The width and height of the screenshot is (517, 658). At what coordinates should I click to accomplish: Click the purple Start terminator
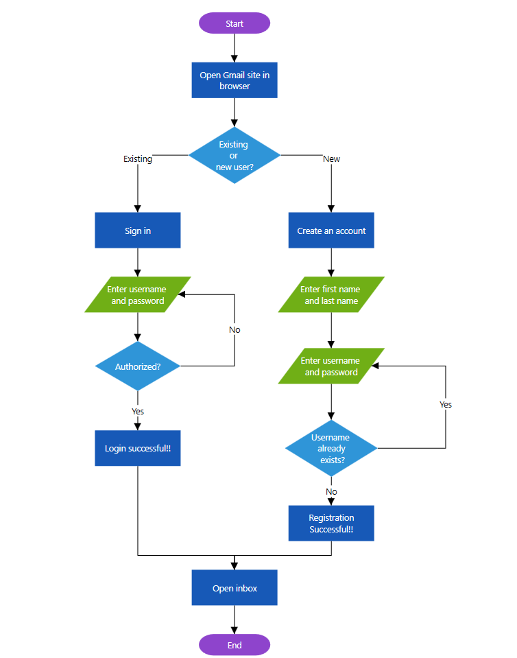[235, 23]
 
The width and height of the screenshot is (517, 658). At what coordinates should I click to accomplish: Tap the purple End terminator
[235, 645]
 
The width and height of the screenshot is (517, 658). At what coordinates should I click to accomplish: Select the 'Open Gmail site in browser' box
[235, 80]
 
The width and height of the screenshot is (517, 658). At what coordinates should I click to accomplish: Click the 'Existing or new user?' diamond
[235, 156]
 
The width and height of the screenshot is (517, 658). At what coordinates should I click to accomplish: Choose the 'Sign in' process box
[138, 231]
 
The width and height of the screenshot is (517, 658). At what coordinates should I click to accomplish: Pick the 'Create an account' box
[331, 231]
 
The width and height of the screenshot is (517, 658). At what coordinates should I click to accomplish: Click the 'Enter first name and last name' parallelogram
[331, 295]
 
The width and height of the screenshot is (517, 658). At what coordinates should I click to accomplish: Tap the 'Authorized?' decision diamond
[138, 366]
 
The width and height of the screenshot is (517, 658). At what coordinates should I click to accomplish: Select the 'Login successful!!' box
[138, 448]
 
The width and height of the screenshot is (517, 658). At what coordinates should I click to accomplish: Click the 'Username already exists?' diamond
[331, 448]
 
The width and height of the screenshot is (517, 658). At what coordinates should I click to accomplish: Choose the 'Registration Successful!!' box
[331, 524]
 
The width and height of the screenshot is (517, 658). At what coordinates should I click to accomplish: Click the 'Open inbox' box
[235, 588]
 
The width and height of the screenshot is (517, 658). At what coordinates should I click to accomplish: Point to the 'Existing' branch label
[138, 158]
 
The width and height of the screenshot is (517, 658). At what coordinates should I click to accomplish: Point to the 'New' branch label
[331, 158]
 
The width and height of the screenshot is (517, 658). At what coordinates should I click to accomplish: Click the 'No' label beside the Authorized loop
[235, 329]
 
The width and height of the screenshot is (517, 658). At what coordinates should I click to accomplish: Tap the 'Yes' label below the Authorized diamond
[138, 411]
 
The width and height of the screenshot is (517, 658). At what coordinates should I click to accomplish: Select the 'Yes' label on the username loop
[446, 404]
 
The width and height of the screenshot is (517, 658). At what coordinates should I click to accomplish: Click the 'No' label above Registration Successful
[331, 491]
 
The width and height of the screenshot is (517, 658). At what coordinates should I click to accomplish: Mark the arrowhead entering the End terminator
[235, 630]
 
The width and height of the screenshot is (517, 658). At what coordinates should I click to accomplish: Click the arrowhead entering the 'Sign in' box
[138, 208]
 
